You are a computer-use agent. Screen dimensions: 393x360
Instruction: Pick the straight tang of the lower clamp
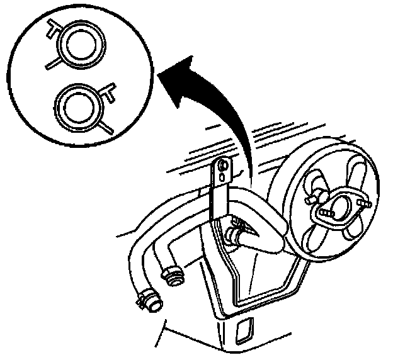pos(107,126)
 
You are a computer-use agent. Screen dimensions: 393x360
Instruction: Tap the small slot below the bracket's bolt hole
pos(222,182)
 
